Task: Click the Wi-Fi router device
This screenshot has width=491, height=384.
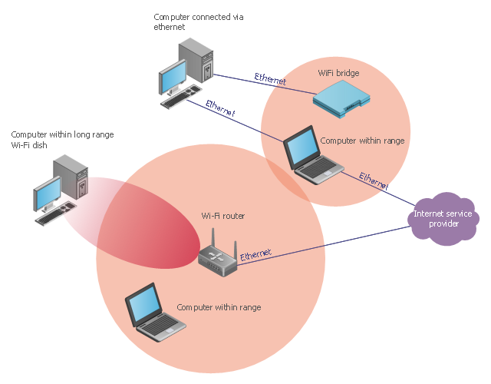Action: (x=218, y=257)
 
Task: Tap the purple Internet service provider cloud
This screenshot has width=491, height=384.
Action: (x=444, y=218)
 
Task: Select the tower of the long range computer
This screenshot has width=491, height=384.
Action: (x=71, y=177)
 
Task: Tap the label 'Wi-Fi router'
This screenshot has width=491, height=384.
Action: (x=222, y=216)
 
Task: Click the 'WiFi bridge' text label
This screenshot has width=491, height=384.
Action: (x=338, y=74)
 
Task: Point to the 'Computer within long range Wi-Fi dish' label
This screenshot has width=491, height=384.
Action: (x=62, y=140)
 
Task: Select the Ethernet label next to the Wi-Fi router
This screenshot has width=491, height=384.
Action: (x=255, y=256)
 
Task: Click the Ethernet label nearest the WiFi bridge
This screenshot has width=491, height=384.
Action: (x=270, y=78)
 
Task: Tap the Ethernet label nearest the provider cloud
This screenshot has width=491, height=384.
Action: (x=374, y=181)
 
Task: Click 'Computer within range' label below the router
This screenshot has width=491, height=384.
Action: (x=219, y=307)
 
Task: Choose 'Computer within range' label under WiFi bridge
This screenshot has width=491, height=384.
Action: (x=362, y=141)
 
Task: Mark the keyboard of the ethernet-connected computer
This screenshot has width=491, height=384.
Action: (x=181, y=100)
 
